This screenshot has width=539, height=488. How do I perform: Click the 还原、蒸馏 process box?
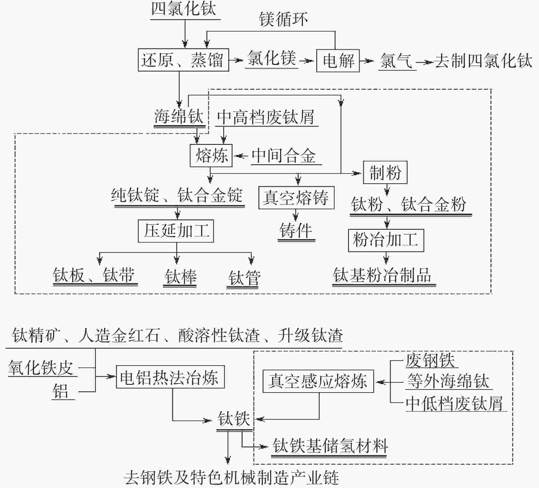tap(183, 60)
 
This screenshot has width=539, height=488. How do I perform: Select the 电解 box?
tap(338, 61)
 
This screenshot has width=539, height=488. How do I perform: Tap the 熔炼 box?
tap(211, 156)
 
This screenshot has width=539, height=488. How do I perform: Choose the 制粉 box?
tap(385, 172)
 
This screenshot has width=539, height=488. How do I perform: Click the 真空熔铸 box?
tap(296, 198)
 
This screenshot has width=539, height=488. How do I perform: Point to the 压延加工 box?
tap(176, 231)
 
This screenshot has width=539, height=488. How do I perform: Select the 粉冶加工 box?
tap(386, 240)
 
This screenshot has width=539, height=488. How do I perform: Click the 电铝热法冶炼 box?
tap(170, 377)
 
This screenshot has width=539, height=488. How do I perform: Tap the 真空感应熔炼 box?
tap(318, 381)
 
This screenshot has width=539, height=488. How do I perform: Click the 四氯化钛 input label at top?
tap(184, 9)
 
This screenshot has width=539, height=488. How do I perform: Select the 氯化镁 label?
tap(272, 59)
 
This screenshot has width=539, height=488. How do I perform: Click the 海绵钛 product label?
tap(179, 117)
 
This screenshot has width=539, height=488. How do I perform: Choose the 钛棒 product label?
tap(180, 276)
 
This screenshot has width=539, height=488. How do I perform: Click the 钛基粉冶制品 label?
tap(383, 275)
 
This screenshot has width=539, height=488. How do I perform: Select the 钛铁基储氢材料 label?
tap(330, 446)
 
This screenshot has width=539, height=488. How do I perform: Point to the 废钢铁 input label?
tap(430, 360)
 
